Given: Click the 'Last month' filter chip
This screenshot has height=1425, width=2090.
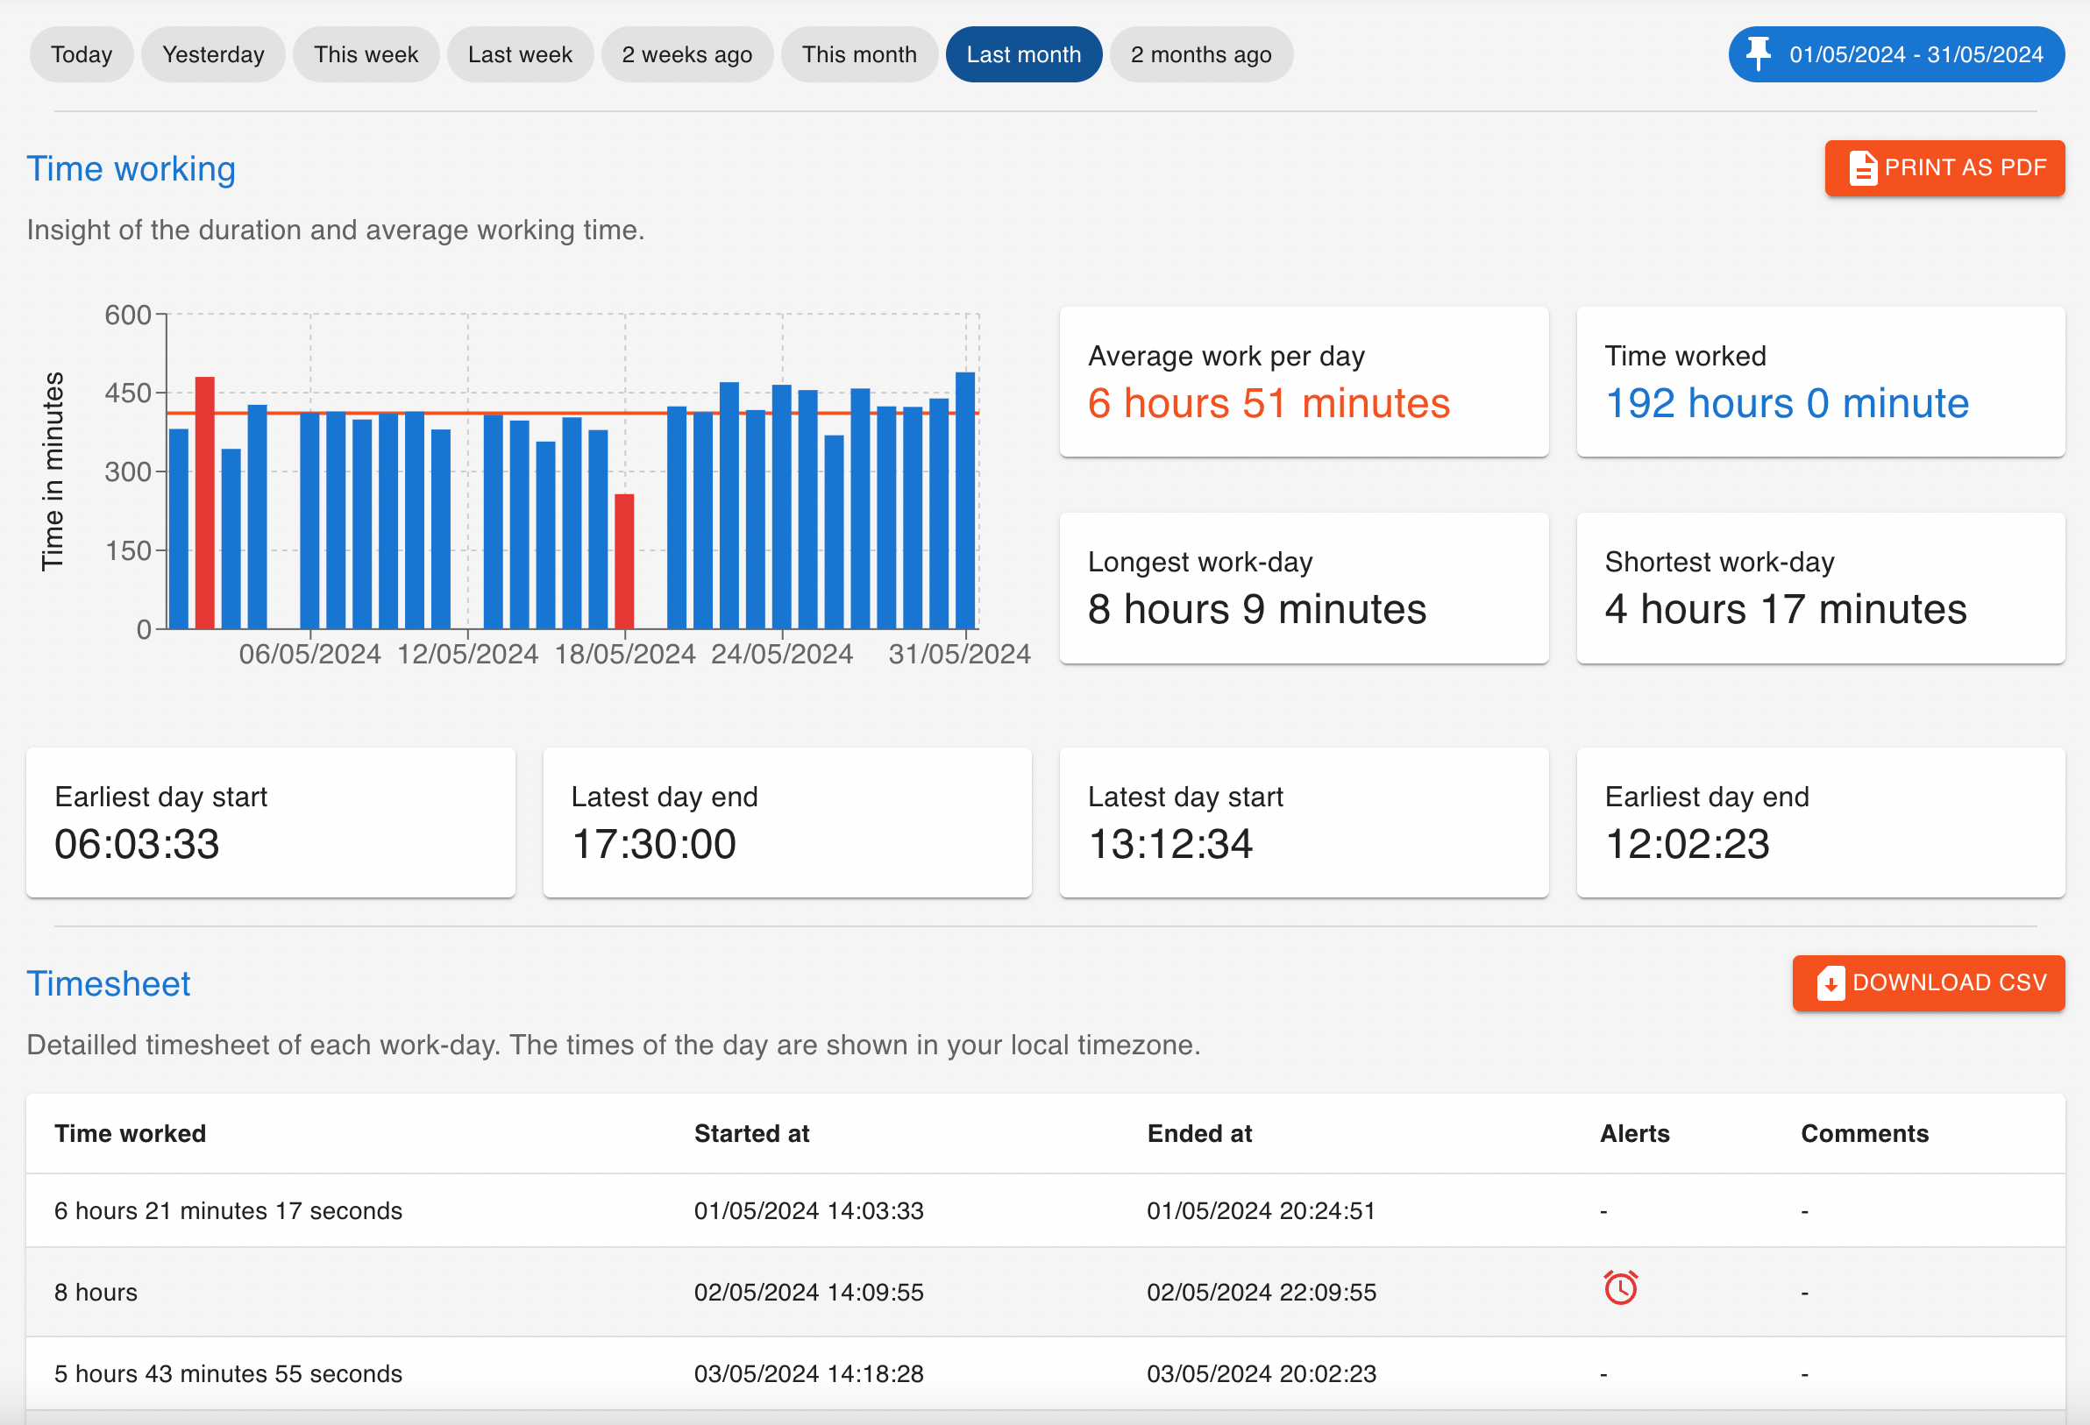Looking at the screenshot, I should (1023, 55).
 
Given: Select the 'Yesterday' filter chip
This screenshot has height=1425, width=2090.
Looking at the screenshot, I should (213, 55).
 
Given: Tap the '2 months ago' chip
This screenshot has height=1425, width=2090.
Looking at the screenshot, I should (1200, 55).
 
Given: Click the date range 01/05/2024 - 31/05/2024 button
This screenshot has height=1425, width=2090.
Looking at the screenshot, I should (1895, 55).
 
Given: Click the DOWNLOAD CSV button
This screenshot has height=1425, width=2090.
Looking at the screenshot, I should (1928, 982).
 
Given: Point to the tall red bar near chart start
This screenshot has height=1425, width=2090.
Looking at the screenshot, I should (205, 503).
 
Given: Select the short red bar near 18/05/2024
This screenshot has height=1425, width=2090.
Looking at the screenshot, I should (624, 561).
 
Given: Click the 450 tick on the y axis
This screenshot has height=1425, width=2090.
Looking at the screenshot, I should (128, 393).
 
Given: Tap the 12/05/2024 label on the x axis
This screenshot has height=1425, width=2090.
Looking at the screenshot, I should (467, 655).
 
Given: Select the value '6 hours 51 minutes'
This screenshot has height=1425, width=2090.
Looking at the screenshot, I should (1268, 404).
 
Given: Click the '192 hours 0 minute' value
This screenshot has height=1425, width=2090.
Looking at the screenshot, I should (1786, 404).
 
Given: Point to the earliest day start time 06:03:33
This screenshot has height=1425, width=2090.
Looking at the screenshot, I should (137, 844).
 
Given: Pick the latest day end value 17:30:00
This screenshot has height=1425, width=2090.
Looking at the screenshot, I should (654, 844).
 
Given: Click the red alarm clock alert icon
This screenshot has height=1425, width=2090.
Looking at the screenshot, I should (1621, 1287).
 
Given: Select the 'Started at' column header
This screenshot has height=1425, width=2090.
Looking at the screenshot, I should (752, 1134).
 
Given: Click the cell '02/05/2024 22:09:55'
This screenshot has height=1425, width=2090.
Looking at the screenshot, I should (1261, 1292).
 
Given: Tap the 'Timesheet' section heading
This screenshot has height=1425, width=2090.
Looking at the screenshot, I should (108, 984).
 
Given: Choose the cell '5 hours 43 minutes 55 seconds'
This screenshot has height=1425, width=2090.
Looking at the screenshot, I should (229, 1374).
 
